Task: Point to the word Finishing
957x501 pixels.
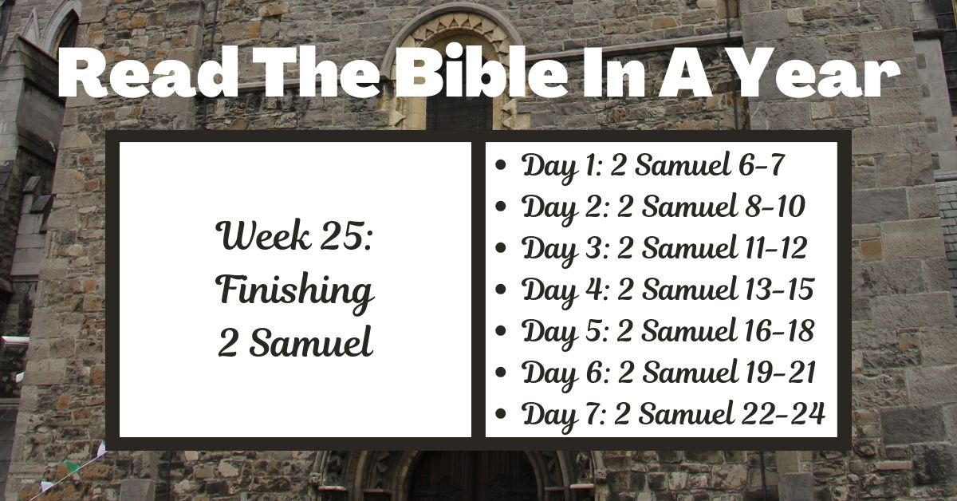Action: click(295, 291)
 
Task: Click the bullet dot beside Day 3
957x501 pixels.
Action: click(500, 249)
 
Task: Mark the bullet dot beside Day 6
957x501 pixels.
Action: click(500, 373)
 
